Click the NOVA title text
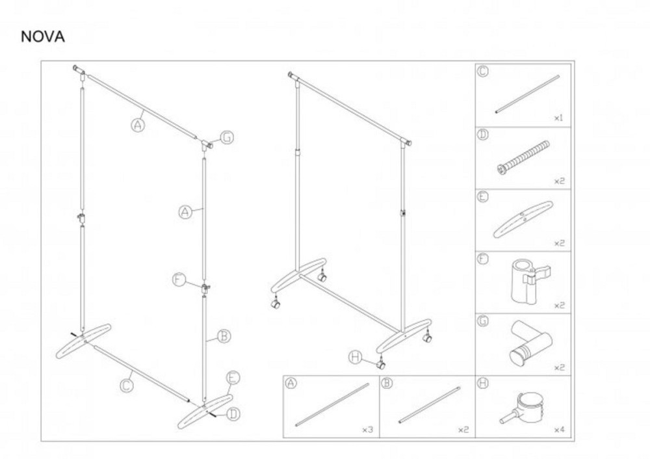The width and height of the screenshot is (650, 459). pyautogui.click(x=43, y=37)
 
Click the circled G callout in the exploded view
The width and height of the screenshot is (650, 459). pyautogui.click(x=227, y=137)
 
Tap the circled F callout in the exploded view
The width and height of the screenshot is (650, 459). pyautogui.click(x=179, y=280)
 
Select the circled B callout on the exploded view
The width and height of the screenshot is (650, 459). pyautogui.click(x=224, y=335)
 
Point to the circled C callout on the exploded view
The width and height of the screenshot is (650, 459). pyautogui.click(x=127, y=386)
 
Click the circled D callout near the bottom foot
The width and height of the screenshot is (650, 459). pyautogui.click(x=234, y=413)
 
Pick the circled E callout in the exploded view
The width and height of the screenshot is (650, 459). pyautogui.click(x=233, y=378)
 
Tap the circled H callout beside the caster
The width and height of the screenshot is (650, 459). pyautogui.click(x=356, y=357)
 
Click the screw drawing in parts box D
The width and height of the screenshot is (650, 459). pyautogui.click(x=523, y=157)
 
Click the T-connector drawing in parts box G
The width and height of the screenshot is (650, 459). pyautogui.click(x=530, y=342)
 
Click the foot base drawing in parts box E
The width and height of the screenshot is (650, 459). pyautogui.click(x=523, y=219)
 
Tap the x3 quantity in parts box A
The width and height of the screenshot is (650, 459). pyautogui.click(x=368, y=430)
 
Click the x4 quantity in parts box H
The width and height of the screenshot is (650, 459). pyautogui.click(x=559, y=430)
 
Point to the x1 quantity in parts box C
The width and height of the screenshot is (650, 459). pyautogui.click(x=559, y=118)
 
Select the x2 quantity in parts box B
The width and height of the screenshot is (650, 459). pyautogui.click(x=463, y=430)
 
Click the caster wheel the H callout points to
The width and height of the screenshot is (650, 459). pyautogui.click(x=380, y=365)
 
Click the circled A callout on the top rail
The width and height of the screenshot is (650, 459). pyautogui.click(x=138, y=124)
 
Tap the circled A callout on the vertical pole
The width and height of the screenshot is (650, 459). pyautogui.click(x=185, y=213)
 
